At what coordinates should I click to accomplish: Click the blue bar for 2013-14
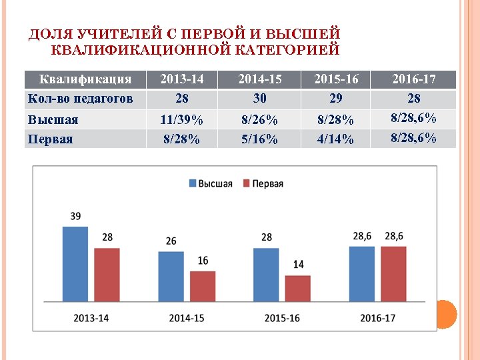(75, 265)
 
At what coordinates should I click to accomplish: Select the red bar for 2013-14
(107, 275)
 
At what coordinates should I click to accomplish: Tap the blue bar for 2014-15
(171, 277)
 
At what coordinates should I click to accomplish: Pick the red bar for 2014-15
(203, 287)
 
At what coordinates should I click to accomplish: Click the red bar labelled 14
(298, 289)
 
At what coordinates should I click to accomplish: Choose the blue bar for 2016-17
(362, 275)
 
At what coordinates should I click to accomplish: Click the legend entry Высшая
(211, 184)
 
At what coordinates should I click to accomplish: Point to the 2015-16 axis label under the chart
(282, 318)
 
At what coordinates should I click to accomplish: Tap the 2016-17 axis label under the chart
(377, 318)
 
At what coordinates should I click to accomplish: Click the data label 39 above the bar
(76, 217)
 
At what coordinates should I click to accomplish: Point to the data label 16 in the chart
(203, 261)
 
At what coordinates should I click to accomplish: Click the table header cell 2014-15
(260, 79)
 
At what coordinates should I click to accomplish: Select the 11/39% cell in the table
(182, 120)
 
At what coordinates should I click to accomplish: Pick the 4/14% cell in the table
(336, 139)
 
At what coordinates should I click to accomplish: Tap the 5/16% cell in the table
(260, 139)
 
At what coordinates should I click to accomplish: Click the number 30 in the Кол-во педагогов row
(260, 99)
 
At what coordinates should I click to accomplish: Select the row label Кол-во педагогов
(80, 99)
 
